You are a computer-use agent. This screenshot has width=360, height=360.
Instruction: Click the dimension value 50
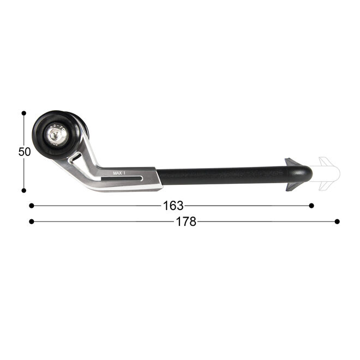[25, 152]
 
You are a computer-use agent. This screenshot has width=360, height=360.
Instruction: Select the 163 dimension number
[173, 206]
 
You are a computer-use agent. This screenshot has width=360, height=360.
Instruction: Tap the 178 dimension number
[186, 221]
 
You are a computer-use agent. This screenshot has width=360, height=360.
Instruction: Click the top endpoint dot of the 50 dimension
[24, 113]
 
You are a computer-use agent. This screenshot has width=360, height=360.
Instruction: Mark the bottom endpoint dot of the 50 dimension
[24, 190]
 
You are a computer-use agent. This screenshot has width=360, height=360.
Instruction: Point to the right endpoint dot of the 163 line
[311, 206]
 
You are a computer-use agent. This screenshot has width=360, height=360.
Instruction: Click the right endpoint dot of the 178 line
[337, 221]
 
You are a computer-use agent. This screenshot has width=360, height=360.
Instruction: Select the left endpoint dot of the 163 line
[32, 206]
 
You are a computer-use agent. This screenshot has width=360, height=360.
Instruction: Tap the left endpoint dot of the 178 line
[32, 221]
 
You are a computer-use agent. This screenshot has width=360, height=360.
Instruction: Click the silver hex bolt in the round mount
[57, 137]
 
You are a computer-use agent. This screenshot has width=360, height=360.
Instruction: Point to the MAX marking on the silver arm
[118, 173]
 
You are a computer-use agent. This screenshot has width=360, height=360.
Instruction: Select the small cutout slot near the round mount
[77, 158]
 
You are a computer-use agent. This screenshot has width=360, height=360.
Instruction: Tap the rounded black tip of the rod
[307, 174]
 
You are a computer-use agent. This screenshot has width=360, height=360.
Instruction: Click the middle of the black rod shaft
[224, 176]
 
